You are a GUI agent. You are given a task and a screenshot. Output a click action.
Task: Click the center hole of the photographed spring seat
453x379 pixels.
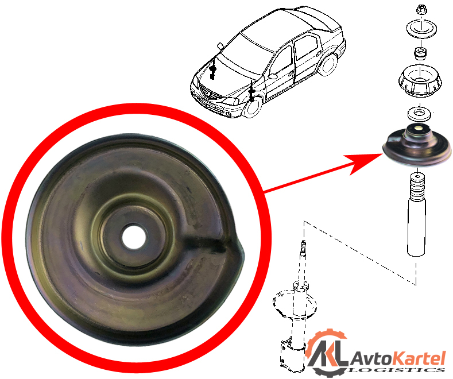point(134,237)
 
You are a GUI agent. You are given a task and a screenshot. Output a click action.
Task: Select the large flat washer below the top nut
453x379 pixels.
point(421,29)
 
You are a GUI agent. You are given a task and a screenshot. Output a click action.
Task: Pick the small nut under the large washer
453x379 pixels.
point(420,53)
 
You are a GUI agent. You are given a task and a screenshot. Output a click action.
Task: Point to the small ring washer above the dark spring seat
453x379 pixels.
point(419,114)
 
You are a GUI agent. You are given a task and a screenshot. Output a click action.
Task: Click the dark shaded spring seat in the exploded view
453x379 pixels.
point(417,146)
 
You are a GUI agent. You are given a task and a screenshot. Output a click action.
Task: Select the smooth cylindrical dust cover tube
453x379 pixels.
point(417,227)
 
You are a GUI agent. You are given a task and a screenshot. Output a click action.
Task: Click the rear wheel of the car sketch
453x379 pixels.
point(328,65)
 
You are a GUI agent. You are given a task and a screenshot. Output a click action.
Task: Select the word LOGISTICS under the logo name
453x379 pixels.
point(397,370)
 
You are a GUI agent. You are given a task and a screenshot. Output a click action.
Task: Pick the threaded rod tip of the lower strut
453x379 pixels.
point(303,246)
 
